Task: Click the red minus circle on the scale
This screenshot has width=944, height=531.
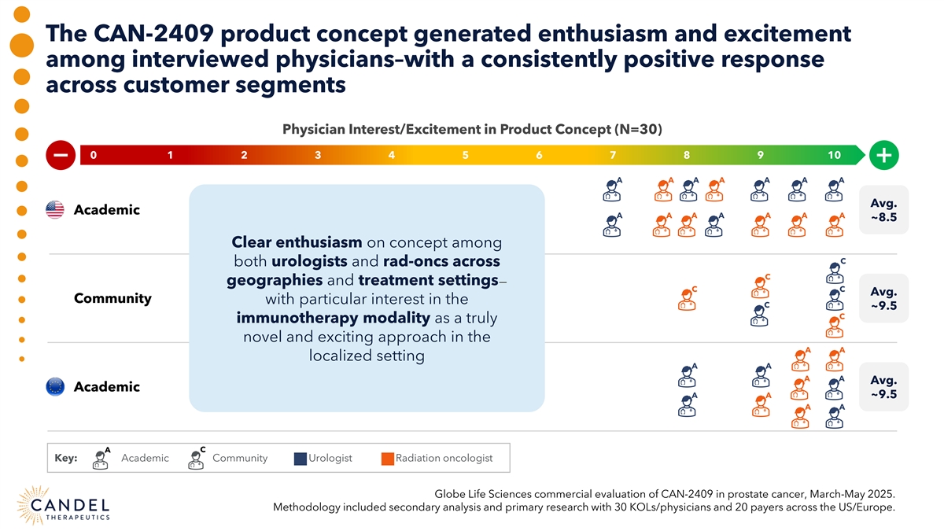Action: (x=60, y=155)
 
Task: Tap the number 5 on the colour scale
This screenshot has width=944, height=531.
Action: (x=466, y=155)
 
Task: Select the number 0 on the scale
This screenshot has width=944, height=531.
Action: (x=94, y=155)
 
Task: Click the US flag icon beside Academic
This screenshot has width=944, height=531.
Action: (x=55, y=210)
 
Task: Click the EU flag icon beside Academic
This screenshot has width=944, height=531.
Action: (x=55, y=387)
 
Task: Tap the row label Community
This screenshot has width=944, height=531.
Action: (x=112, y=299)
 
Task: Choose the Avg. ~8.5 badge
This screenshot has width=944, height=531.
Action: (x=883, y=209)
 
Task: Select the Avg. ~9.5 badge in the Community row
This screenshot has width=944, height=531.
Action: (x=883, y=298)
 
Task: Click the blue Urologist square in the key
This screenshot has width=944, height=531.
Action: (x=300, y=459)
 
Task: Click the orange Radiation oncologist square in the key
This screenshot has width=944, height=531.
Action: (x=387, y=459)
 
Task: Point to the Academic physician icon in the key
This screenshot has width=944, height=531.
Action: (x=101, y=458)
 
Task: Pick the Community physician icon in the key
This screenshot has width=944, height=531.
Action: (x=196, y=458)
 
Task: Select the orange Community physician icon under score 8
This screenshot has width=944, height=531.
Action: (x=686, y=299)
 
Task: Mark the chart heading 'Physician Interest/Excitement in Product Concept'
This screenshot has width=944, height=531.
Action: (x=455, y=129)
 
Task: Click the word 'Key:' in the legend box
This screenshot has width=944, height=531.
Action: (x=65, y=459)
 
